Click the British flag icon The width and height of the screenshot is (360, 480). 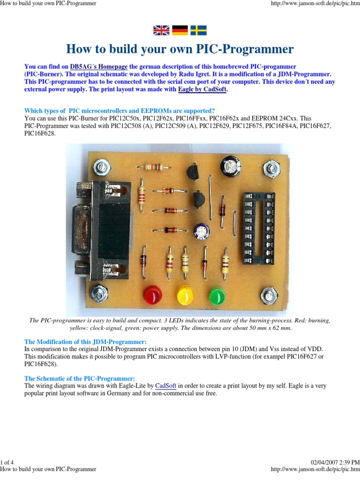tap(162, 30)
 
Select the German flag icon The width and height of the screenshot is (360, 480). tap(180, 30)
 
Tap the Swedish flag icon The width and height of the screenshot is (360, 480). tap(198, 30)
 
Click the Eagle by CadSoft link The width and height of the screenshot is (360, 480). tap(202, 89)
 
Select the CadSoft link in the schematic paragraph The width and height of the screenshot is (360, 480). tap(165, 386)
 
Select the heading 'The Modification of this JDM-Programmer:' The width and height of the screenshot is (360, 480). tap(85, 341)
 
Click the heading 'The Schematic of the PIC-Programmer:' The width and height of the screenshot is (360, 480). tap(80, 378)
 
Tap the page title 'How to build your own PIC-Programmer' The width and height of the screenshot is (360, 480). tap(180, 49)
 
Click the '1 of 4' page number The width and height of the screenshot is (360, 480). tap(8, 463)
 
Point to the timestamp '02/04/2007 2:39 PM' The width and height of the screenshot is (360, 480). tap(334, 463)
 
